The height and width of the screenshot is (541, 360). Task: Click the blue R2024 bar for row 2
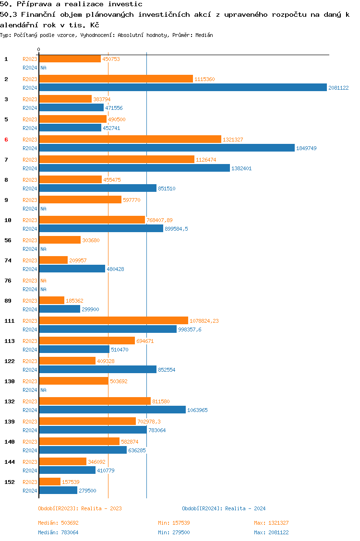point(182,87)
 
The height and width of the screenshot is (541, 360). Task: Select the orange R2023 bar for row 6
point(130,139)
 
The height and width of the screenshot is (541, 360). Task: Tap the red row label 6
point(6,140)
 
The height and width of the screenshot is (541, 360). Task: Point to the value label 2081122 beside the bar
point(338,88)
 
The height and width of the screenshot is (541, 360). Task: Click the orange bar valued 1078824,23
point(113,320)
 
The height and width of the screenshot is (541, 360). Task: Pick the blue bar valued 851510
point(97,188)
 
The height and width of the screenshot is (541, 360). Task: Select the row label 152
point(9,482)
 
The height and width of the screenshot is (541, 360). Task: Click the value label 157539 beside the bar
point(72,482)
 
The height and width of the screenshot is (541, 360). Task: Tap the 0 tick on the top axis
point(39,50)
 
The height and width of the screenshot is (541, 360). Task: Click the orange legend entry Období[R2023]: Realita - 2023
point(80,508)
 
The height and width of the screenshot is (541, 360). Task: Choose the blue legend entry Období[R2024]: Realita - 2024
point(224,508)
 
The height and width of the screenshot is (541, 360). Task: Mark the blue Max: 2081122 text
point(271,532)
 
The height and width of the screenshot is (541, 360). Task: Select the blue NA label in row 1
point(43,68)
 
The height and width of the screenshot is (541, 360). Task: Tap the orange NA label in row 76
point(43,281)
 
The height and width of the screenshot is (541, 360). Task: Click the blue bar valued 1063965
point(112,410)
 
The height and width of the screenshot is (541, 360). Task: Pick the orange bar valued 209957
point(53,260)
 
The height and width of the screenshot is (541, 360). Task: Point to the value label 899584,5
point(176,229)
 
